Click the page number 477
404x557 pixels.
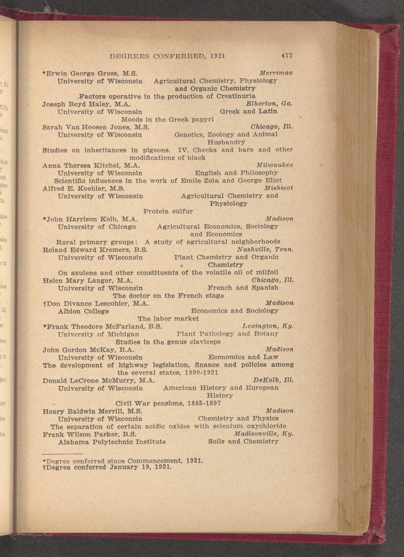coord(287,56)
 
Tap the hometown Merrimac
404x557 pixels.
coord(276,73)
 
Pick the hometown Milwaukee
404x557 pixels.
coord(275,165)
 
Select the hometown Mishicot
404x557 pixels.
coord(278,188)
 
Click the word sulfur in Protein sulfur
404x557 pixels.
coord(182,211)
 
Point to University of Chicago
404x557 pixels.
coord(97,227)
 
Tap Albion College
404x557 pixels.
coord(83,311)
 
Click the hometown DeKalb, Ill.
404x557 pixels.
coord(273,380)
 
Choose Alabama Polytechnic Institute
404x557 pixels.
coord(112,442)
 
